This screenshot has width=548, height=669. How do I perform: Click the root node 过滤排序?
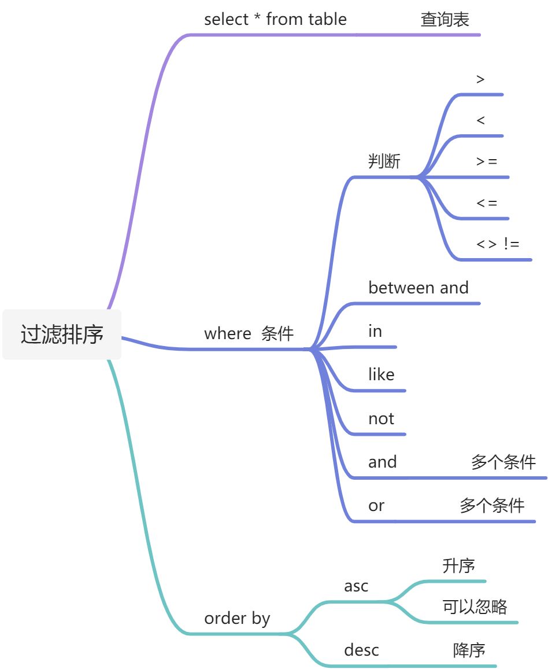tap(62, 334)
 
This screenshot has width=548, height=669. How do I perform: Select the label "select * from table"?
tap(275, 19)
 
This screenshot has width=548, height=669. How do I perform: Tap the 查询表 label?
tap(445, 20)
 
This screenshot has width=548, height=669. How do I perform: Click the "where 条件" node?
tap(249, 333)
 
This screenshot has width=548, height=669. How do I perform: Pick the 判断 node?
tap(384, 161)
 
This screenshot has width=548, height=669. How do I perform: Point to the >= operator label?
tap(486, 161)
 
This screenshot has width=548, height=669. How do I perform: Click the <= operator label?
tap(486, 203)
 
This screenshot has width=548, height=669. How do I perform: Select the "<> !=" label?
tap(497, 244)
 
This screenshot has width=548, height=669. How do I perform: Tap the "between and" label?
tap(418, 288)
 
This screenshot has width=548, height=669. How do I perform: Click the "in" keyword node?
tap(375, 331)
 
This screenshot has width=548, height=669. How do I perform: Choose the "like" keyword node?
tap(381, 374)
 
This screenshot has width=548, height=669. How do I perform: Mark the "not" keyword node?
tap(381, 418)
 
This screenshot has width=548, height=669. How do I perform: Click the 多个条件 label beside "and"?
tap(503, 462)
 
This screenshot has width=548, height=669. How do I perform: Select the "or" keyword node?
tap(376, 506)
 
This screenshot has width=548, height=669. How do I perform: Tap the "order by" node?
tap(237, 618)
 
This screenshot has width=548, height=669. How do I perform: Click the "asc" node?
tap(356, 586)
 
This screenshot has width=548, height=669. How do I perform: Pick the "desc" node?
tap(361, 650)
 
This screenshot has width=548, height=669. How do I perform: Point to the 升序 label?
tap(458, 565)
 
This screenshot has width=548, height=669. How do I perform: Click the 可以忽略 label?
tap(475, 606)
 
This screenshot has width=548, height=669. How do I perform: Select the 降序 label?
tap(469, 650)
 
